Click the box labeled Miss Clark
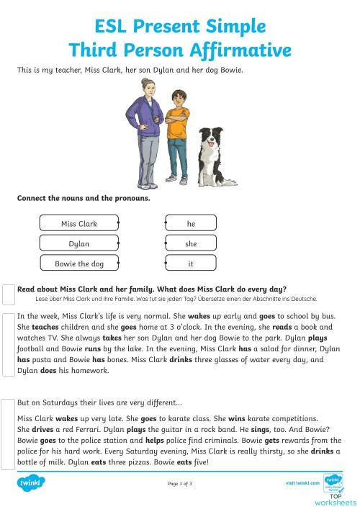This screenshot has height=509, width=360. [x=79, y=224]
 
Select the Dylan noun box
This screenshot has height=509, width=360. [x=79, y=244]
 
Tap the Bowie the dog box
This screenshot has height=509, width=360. [x=79, y=264]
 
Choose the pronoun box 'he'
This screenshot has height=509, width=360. [x=191, y=224]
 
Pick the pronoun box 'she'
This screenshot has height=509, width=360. [x=191, y=244]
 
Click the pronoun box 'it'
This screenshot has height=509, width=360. [x=191, y=264]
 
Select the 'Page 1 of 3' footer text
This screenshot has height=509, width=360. [x=179, y=483]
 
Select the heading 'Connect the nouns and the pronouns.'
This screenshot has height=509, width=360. [x=84, y=198]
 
